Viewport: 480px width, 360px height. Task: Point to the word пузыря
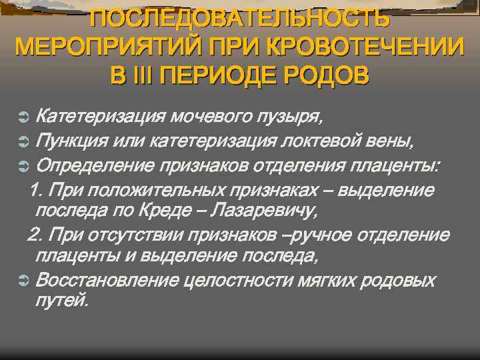290,119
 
